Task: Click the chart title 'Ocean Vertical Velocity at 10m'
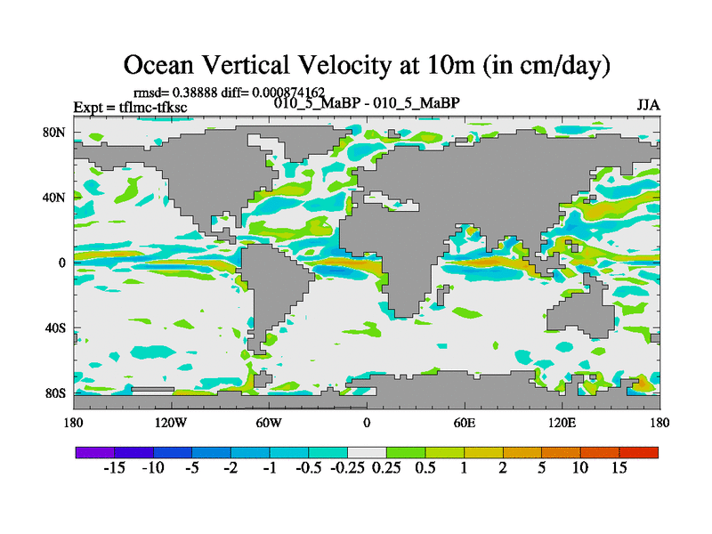[367, 64]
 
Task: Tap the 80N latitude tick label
[56, 133]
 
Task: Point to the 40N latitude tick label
[56, 198]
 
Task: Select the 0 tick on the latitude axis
[62, 263]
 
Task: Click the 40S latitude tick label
[56, 328]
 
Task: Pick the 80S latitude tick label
[56, 392]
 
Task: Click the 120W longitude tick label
[171, 422]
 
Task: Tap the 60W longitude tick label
[269, 422]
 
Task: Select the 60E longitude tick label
[465, 422]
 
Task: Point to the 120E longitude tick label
[562, 422]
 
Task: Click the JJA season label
[648, 105]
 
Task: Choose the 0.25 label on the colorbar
[384, 468]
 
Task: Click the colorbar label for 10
[580, 468]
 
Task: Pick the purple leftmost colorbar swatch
[94, 452]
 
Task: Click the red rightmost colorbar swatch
[639, 452]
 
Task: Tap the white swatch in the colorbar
[367, 452]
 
